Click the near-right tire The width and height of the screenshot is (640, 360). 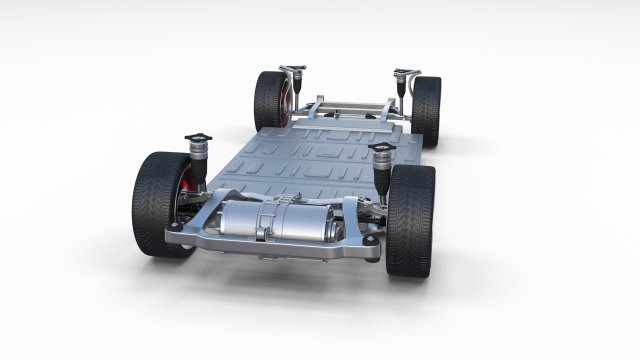tap(410, 220)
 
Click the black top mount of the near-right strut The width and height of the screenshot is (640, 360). tap(381, 149)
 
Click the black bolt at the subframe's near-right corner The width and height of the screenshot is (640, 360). tap(372, 241)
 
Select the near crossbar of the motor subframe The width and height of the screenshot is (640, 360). tap(270, 246)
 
